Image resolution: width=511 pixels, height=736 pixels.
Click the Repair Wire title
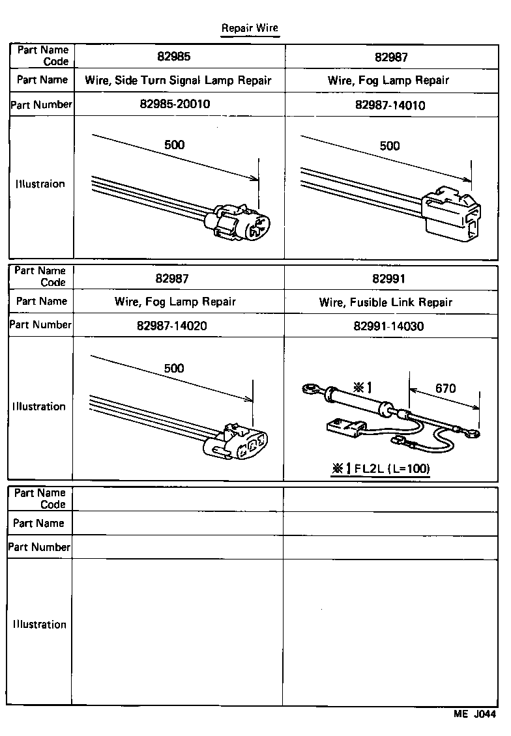tap(250, 28)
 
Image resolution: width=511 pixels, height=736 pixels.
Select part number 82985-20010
tap(175, 104)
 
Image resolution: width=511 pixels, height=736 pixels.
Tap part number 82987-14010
tap(390, 105)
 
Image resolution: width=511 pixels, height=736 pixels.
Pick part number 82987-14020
tap(172, 325)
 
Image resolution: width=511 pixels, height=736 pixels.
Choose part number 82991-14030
tap(388, 326)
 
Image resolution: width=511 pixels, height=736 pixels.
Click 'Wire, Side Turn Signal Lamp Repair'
tap(178, 80)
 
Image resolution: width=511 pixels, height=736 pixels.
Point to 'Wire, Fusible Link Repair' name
tap(385, 302)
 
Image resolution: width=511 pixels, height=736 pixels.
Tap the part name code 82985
tap(174, 57)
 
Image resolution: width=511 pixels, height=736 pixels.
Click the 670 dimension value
tap(445, 389)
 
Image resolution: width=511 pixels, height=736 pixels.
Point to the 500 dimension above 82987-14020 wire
tap(174, 368)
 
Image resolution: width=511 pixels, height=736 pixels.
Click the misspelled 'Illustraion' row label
tap(40, 184)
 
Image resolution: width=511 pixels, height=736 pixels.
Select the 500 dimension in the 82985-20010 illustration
tap(174, 145)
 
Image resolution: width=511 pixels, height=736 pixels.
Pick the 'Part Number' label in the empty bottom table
tap(39, 547)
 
